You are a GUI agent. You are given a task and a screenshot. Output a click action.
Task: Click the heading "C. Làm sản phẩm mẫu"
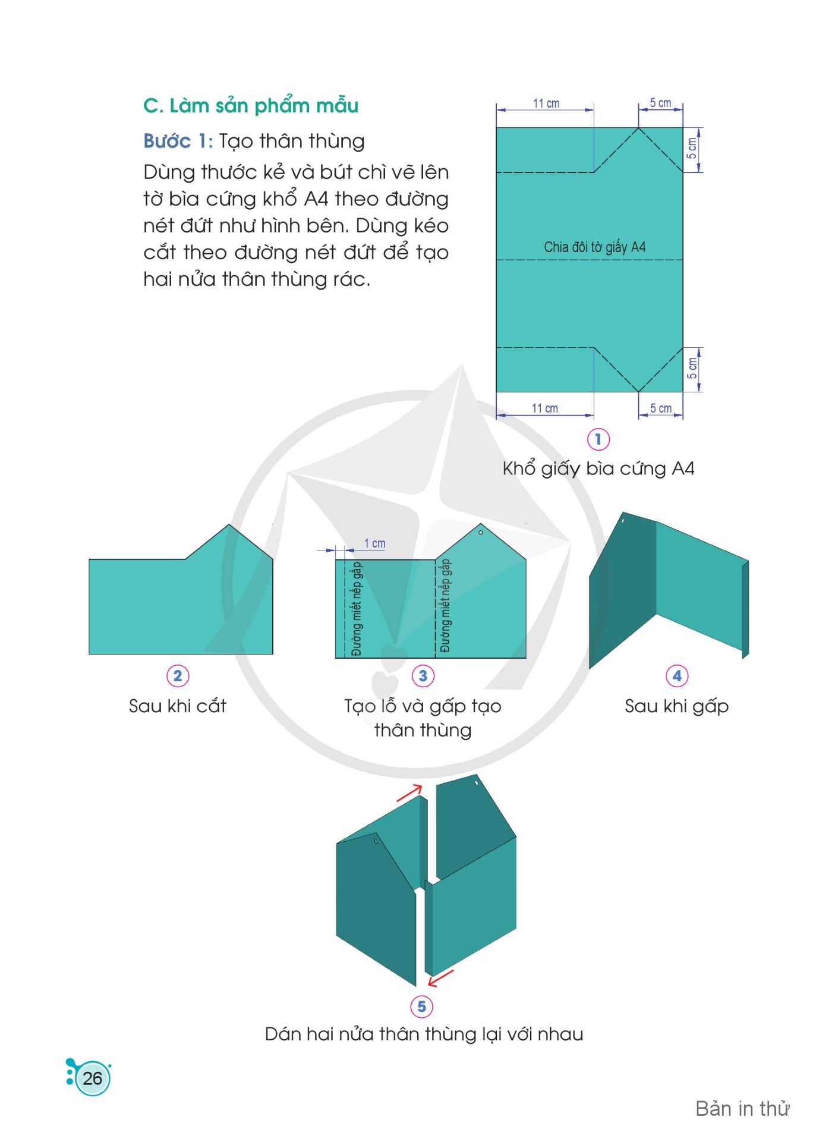click(251, 106)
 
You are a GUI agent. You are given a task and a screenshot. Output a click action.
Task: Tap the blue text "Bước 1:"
click(178, 141)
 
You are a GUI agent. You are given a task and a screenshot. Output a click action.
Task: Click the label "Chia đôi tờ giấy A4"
click(595, 247)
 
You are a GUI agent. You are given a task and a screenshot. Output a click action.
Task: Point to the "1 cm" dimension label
click(374, 543)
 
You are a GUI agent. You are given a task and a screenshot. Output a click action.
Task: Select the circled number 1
click(598, 439)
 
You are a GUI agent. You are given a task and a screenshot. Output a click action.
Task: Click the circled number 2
click(178, 676)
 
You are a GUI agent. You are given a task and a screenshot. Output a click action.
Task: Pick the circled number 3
click(423, 676)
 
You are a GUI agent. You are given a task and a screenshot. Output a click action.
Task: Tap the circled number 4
click(677, 676)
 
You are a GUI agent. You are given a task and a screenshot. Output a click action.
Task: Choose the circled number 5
click(421, 1006)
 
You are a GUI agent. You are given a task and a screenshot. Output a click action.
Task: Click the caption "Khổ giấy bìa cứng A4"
click(598, 468)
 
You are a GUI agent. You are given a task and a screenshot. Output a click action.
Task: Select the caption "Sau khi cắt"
click(178, 706)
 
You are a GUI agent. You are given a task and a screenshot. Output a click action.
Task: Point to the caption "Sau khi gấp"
click(677, 706)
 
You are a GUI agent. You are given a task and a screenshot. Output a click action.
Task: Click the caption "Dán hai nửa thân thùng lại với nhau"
click(424, 1034)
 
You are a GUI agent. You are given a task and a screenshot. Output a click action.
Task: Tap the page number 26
click(93, 1078)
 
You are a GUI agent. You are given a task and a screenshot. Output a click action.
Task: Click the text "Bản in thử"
click(742, 1109)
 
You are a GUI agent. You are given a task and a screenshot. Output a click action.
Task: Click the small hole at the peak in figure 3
click(481, 533)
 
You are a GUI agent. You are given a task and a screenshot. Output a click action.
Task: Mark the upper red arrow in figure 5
click(409, 792)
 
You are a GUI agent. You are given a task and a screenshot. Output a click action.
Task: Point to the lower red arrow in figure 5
click(440, 978)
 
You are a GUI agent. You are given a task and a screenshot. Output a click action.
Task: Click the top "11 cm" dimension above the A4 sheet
click(546, 103)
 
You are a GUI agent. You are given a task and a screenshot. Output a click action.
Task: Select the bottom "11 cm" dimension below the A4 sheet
click(545, 408)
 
